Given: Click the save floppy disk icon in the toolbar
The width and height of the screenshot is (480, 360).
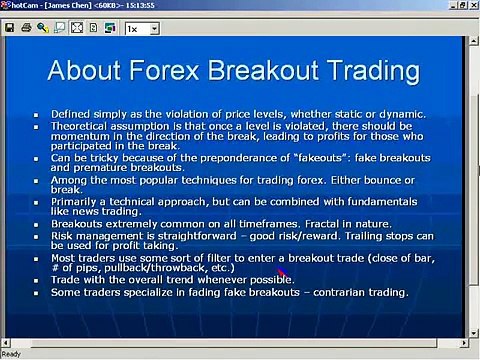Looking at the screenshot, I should click(9, 29).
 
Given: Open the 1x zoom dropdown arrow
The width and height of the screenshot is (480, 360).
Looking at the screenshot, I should click(154, 29).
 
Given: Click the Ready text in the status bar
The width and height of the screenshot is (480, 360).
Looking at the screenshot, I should click(12, 354).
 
